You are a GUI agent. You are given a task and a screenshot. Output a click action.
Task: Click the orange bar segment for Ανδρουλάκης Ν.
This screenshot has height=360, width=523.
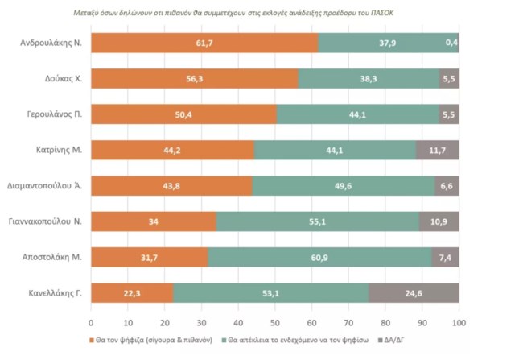pos(204,43)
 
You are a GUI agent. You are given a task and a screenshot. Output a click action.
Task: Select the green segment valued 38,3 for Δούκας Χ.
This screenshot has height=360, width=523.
pos(369,79)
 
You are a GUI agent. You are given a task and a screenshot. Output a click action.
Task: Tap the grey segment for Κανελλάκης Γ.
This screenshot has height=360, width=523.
pos(414,293)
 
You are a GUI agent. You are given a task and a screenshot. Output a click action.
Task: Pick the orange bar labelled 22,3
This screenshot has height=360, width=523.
pos(132,293)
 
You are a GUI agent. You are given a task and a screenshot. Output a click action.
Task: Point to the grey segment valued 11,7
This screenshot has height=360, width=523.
pos(438,150)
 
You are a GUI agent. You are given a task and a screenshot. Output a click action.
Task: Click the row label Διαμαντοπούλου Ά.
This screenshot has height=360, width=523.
pos(48,186)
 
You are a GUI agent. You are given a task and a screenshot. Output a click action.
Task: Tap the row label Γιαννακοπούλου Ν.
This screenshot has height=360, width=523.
pos(47,221)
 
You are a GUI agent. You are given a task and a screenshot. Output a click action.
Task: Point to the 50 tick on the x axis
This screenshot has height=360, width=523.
pos(275,322)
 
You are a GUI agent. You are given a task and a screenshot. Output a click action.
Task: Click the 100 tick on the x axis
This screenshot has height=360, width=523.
pos(459,322)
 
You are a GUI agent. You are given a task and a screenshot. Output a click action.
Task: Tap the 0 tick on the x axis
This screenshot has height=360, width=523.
pos(91,322)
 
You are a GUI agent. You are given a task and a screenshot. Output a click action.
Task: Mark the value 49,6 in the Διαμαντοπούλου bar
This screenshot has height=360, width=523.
pos(343,186)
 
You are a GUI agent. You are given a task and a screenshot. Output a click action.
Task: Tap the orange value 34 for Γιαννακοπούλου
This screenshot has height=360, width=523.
pos(154,221)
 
